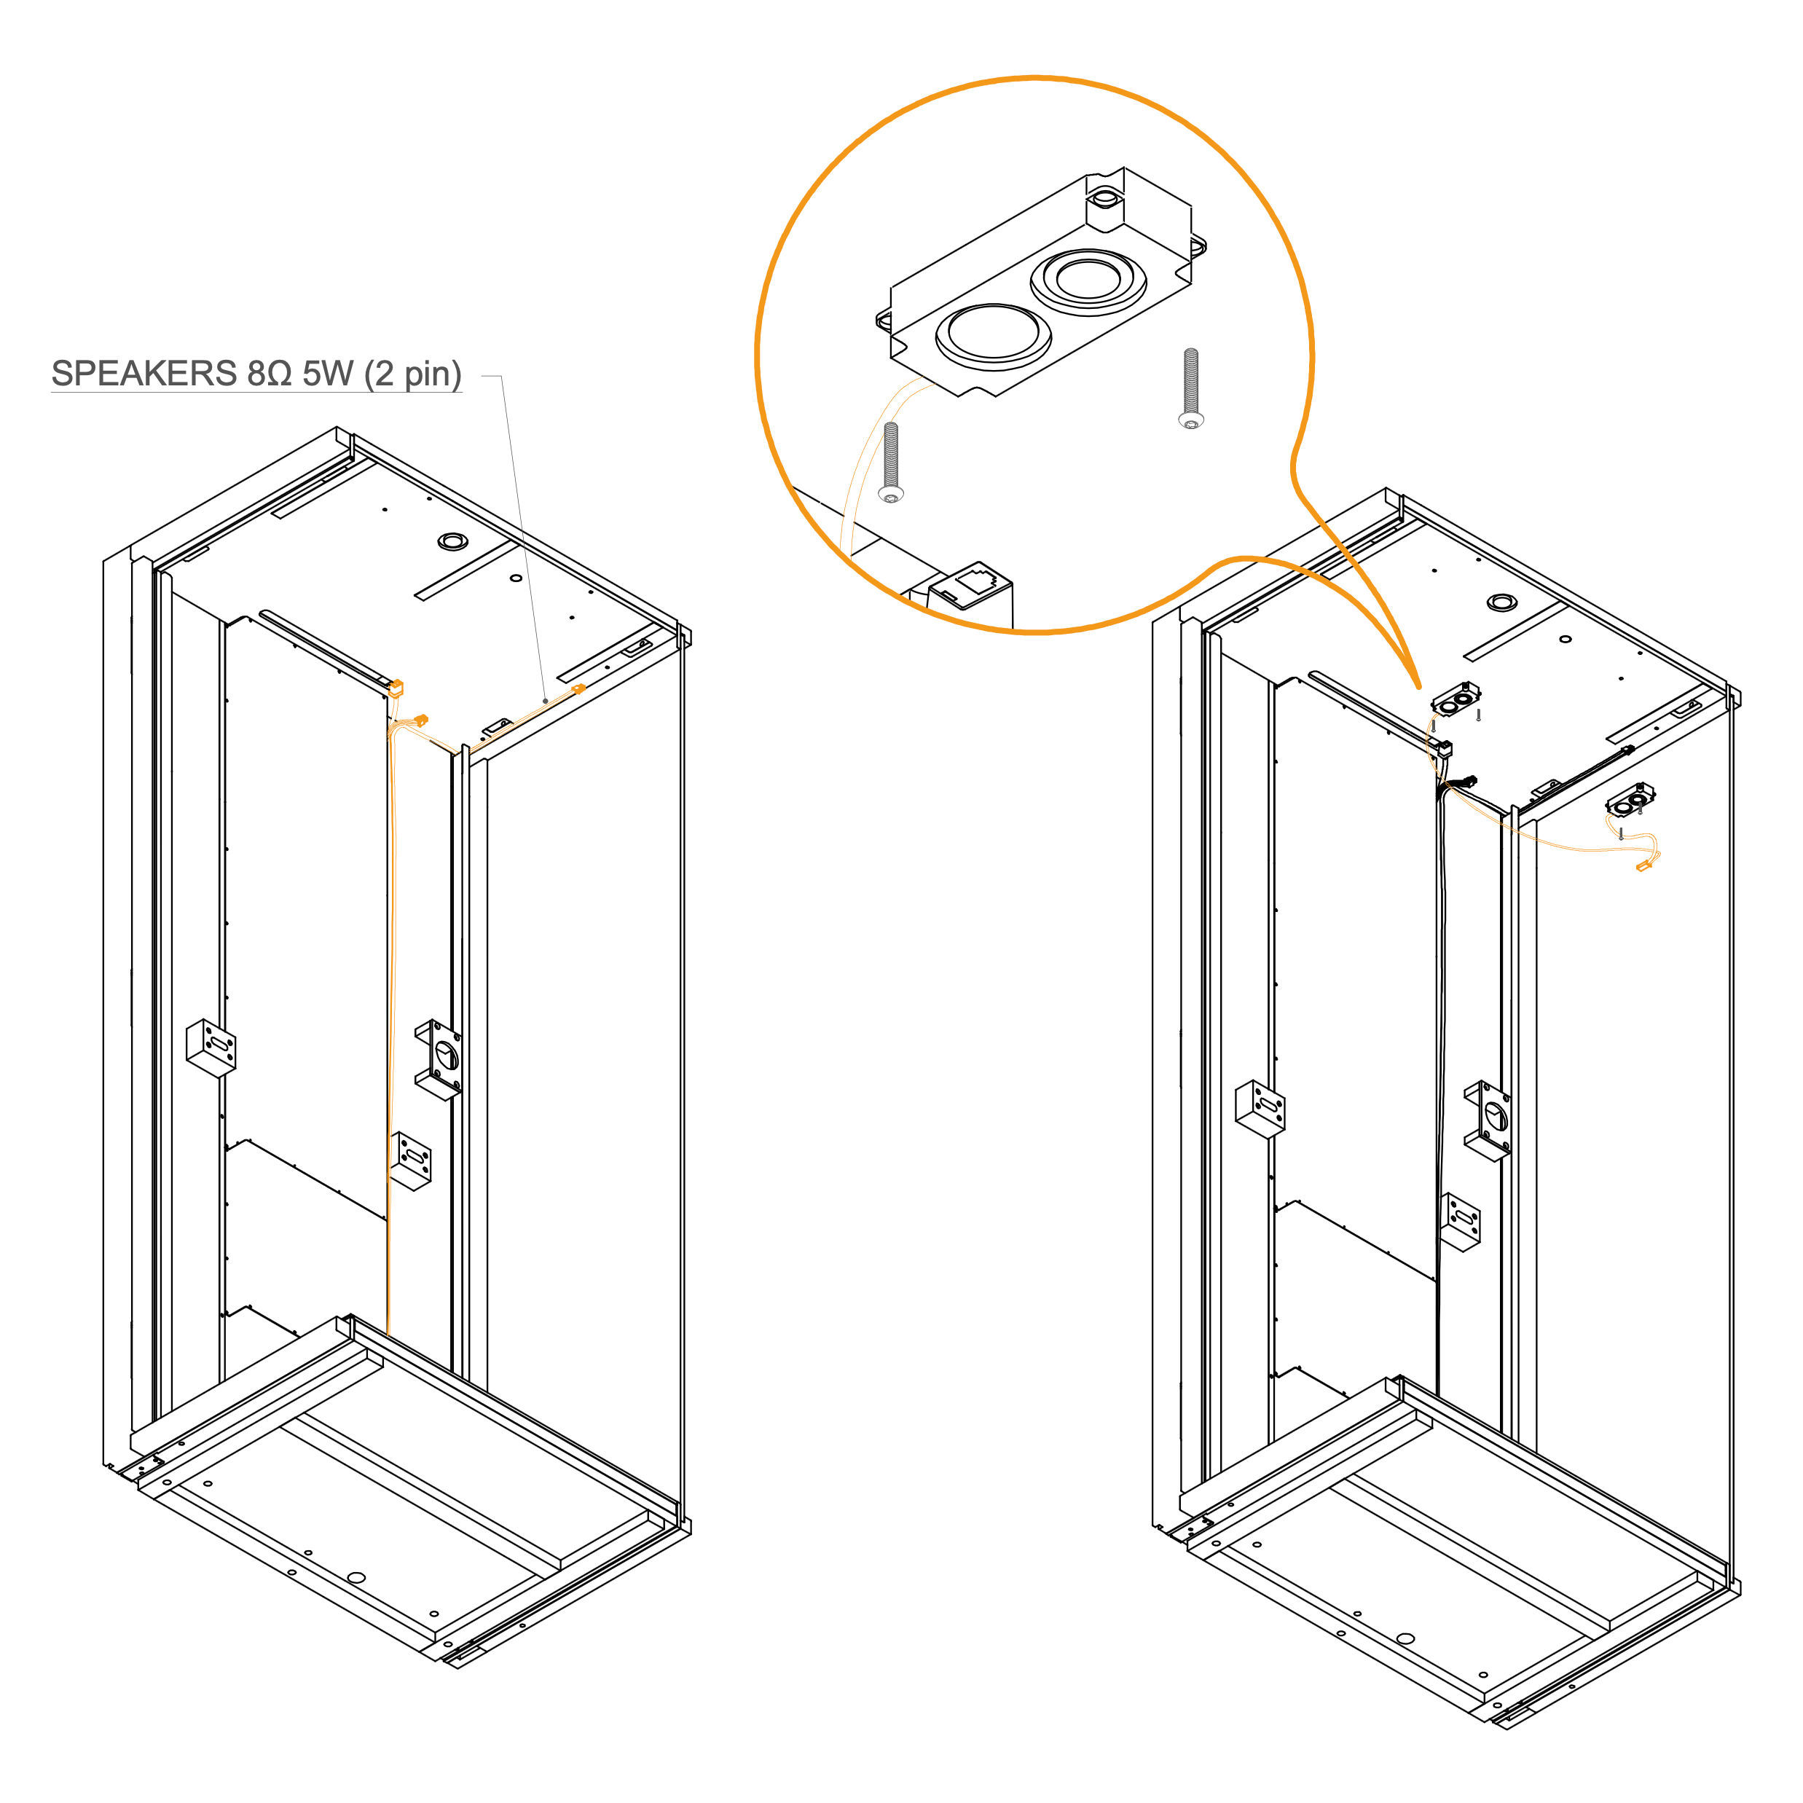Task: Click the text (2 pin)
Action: pos(412,375)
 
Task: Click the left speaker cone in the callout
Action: pos(993,336)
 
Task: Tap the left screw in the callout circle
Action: pos(891,463)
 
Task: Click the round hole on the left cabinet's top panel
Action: pos(452,541)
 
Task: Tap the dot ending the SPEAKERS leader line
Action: pos(545,701)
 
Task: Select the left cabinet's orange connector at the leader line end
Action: pos(578,688)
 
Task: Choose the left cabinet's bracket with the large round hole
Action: pos(439,1058)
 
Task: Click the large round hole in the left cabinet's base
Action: pos(356,1577)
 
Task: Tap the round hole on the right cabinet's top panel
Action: pos(1501,602)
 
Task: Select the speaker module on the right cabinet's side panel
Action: pos(1630,799)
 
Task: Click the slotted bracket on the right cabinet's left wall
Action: pos(1260,1109)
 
